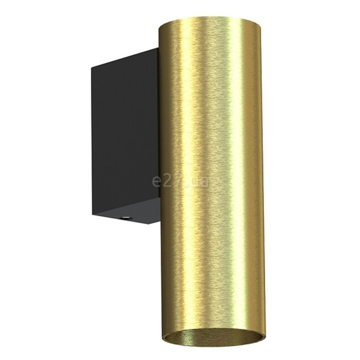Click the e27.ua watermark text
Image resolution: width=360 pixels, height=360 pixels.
(x=180, y=181)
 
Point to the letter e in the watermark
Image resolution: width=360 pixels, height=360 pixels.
(x=156, y=183)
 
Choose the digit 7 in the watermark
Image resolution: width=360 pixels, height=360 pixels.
(x=177, y=181)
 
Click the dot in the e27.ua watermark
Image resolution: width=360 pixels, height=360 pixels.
(x=185, y=186)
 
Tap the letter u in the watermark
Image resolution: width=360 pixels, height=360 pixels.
(x=193, y=183)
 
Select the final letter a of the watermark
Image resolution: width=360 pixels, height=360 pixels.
(x=204, y=183)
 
